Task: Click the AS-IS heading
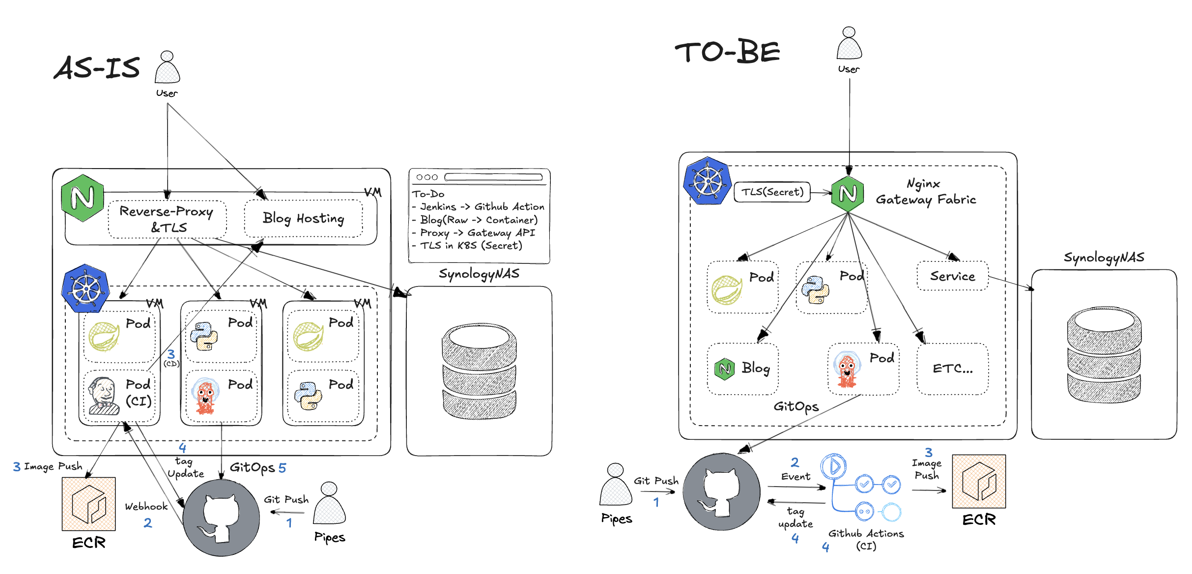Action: pos(97,67)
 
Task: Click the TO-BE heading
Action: pos(727,52)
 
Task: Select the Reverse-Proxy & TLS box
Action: pos(167,219)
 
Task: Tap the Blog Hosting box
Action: pos(303,218)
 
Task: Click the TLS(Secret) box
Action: pos(772,192)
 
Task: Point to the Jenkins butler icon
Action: pos(103,396)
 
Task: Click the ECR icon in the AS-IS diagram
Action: pos(89,504)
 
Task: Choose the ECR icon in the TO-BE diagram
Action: pos(979,481)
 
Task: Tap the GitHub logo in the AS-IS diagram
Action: pos(221,518)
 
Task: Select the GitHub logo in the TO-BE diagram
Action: pos(721,492)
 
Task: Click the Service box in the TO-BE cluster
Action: pos(952,276)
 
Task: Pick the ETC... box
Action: pos(952,369)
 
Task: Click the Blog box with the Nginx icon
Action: pos(742,369)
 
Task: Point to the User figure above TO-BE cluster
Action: pos(849,44)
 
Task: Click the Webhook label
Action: pos(146,507)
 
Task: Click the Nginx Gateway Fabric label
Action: pos(925,192)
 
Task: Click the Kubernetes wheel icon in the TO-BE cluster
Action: pos(708,181)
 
